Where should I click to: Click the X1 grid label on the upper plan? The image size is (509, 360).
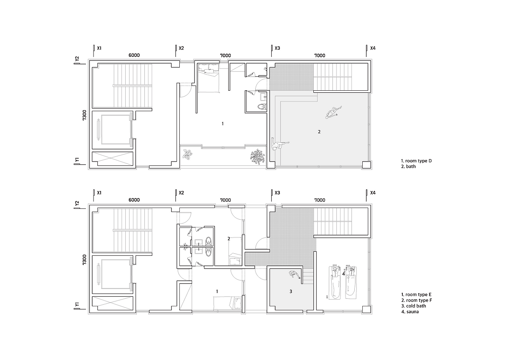pos(99,48)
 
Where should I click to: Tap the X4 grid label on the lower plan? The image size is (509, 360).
pos(373,193)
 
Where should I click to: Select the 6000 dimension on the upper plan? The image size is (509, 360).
pos(134,55)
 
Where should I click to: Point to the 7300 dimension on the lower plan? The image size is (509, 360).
pos(84,259)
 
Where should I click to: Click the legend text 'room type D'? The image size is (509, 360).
pos(418,161)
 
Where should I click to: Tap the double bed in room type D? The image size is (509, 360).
pos(209,78)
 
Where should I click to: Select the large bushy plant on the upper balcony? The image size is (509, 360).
pos(257,156)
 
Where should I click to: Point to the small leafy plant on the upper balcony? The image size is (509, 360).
pos(188,154)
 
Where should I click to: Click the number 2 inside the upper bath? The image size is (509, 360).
pos(319,132)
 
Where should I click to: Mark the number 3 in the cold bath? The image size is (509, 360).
pos(291,291)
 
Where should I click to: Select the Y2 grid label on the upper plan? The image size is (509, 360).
pos(77,58)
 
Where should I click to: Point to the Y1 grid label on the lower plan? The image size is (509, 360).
pos(77,304)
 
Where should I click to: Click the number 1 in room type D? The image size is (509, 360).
pos(223,124)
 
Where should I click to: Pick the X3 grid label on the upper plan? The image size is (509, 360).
pos(277,48)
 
